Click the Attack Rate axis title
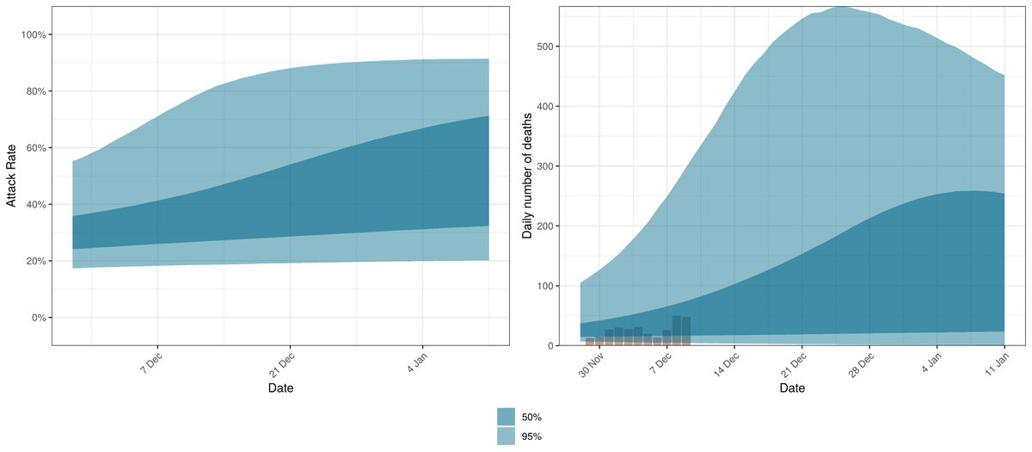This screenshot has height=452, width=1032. pyautogui.click(x=12, y=176)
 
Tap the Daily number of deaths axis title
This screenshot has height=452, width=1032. pyautogui.click(x=527, y=176)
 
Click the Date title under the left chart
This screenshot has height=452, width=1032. pyautogui.click(x=280, y=388)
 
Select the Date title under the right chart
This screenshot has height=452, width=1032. pyautogui.click(x=792, y=388)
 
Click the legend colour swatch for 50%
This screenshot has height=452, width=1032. pyautogui.click(x=506, y=417)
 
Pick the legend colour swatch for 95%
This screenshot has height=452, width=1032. pyautogui.click(x=506, y=437)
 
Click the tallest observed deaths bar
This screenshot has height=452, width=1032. pyautogui.click(x=677, y=331)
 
